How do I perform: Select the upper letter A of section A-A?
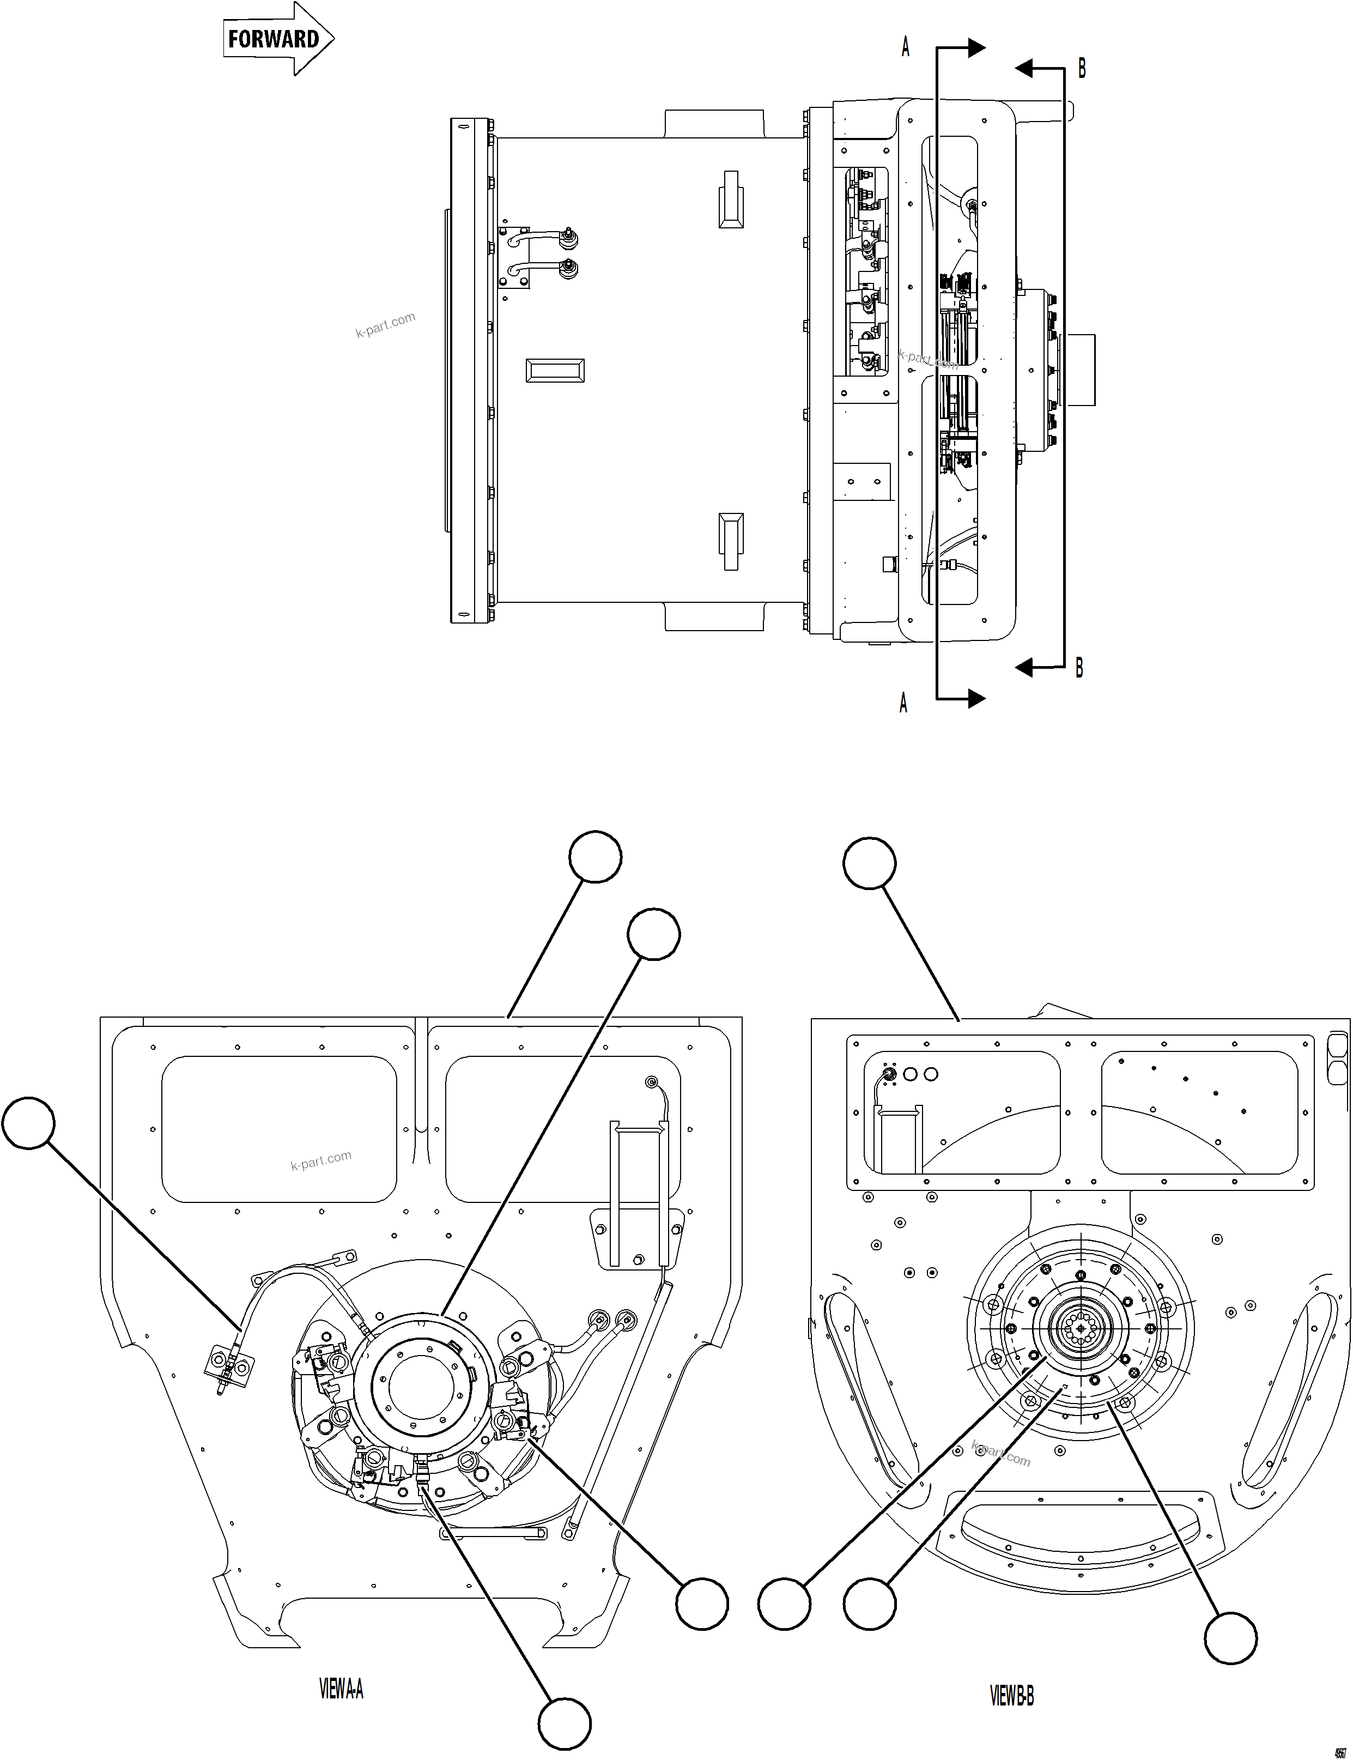(905, 47)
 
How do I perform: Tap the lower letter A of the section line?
(903, 703)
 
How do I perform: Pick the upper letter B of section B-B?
(1082, 69)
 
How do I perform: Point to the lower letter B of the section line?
(1079, 668)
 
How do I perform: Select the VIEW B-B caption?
(1011, 1696)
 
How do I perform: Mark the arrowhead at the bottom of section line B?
(1024, 668)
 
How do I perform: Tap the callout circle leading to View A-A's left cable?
(28, 1123)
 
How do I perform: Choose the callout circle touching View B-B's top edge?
(869, 863)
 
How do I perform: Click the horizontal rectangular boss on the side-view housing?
(555, 371)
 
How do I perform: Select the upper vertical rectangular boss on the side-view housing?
(731, 199)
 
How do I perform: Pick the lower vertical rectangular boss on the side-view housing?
(731, 541)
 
